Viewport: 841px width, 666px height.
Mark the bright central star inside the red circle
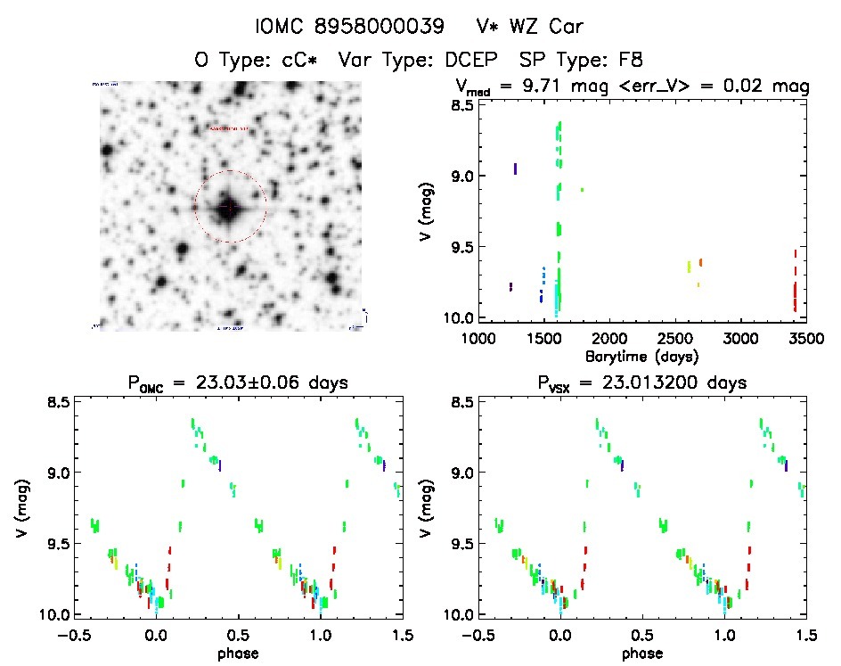[x=229, y=206]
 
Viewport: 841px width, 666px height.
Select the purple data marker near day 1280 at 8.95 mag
[x=516, y=168]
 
